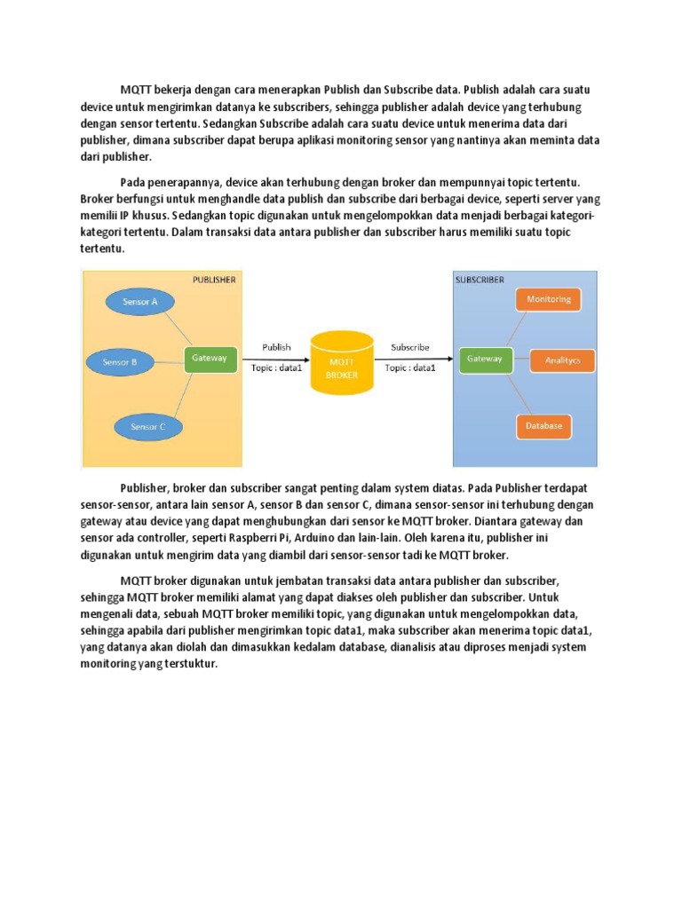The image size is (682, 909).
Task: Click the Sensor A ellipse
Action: click(x=140, y=302)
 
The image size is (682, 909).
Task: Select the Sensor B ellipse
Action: click(x=120, y=361)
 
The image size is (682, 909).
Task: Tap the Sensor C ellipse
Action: click(x=148, y=427)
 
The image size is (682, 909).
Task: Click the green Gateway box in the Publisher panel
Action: click(x=210, y=359)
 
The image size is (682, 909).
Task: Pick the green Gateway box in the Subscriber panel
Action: click(x=485, y=359)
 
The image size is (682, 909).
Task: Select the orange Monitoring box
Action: click(x=549, y=299)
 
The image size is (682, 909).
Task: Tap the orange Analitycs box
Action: click(x=562, y=360)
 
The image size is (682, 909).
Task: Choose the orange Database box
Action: click(x=543, y=426)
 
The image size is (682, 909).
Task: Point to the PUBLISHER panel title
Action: click(x=214, y=280)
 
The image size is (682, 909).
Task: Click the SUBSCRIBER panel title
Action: click(x=480, y=280)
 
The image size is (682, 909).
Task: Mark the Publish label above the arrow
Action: click(x=276, y=347)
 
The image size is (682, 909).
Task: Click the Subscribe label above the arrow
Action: click(x=410, y=347)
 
